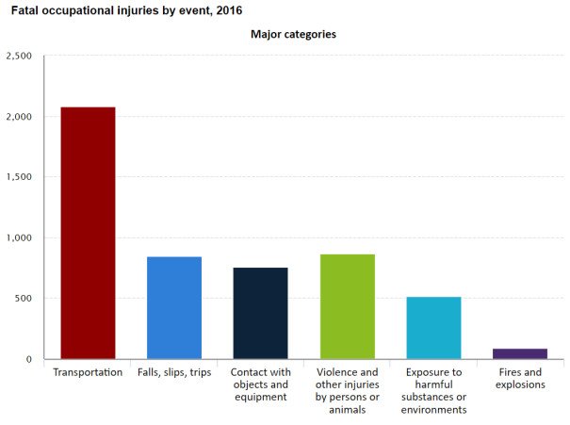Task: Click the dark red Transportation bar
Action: tap(88, 233)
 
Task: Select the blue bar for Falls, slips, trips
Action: tap(174, 307)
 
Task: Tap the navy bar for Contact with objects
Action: tap(260, 313)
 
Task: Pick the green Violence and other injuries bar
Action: tap(347, 306)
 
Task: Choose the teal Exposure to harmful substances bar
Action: tap(433, 328)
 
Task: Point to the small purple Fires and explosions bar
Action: tap(520, 353)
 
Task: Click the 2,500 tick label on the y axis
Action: tap(19, 57)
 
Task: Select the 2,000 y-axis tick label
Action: tap(19, 117)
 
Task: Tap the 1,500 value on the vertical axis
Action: tap(19, 177)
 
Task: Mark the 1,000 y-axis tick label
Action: tap(19, 238)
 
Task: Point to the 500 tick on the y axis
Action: tap(24, 299)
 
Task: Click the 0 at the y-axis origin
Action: tap(29, 359)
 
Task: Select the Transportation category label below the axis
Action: tap(88, 372)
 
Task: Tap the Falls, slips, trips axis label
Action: tap(174, 372)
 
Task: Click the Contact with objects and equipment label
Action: tap(260, 384)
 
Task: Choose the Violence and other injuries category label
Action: tap(347, 390)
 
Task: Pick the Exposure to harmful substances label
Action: tap(433, 390)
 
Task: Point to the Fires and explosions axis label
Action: tap(520, 379)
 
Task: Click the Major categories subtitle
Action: tap(293, 35)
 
